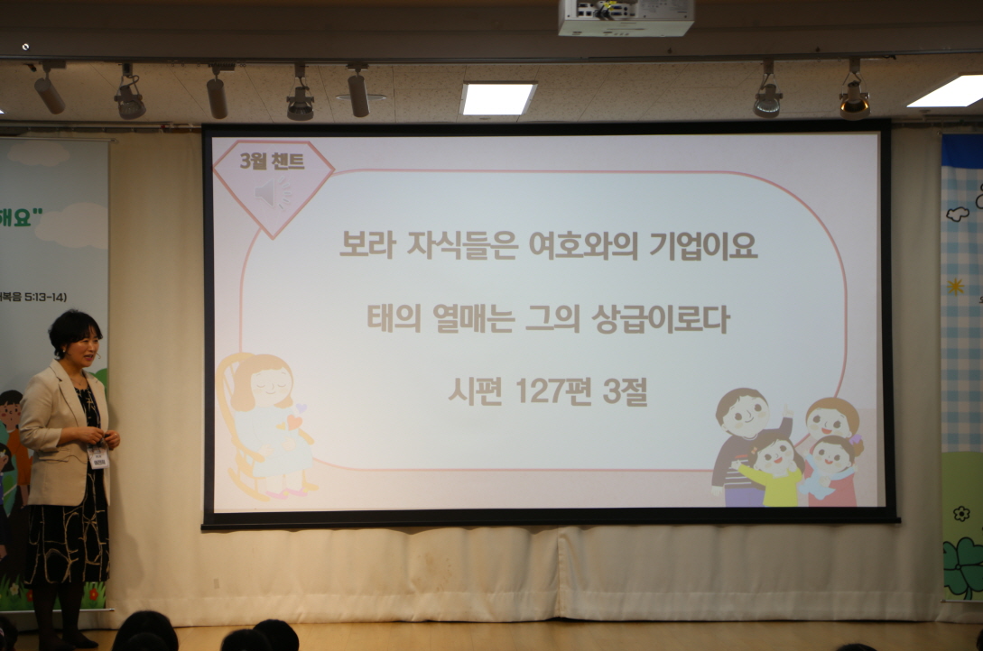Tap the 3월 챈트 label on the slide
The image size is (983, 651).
273,162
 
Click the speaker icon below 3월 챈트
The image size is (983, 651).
273,192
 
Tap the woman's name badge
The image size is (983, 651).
98,456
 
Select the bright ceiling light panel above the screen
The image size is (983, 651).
497,97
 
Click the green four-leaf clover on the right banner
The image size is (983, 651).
962,564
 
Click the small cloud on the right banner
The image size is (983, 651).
957,214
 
